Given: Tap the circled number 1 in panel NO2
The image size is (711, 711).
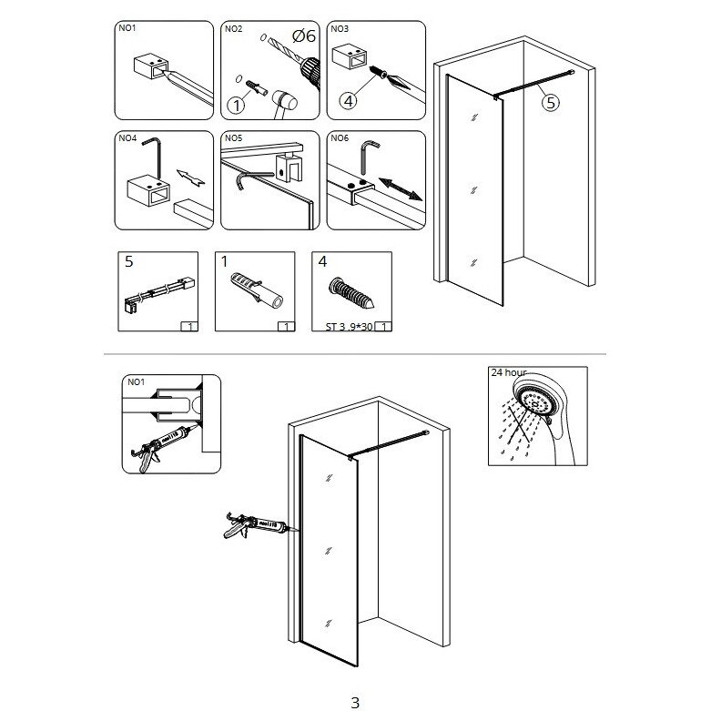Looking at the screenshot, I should (x=238, y=104).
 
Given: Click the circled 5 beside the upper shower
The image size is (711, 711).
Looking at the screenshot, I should (x=552, y=103).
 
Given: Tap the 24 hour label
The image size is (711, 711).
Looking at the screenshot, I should (x=510, y=373).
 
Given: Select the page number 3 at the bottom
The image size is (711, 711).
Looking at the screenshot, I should (x=355, y=702).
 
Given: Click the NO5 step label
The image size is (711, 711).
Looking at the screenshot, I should (x=234, y=138).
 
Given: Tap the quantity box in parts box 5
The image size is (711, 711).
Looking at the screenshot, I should (x=188, y=326).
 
